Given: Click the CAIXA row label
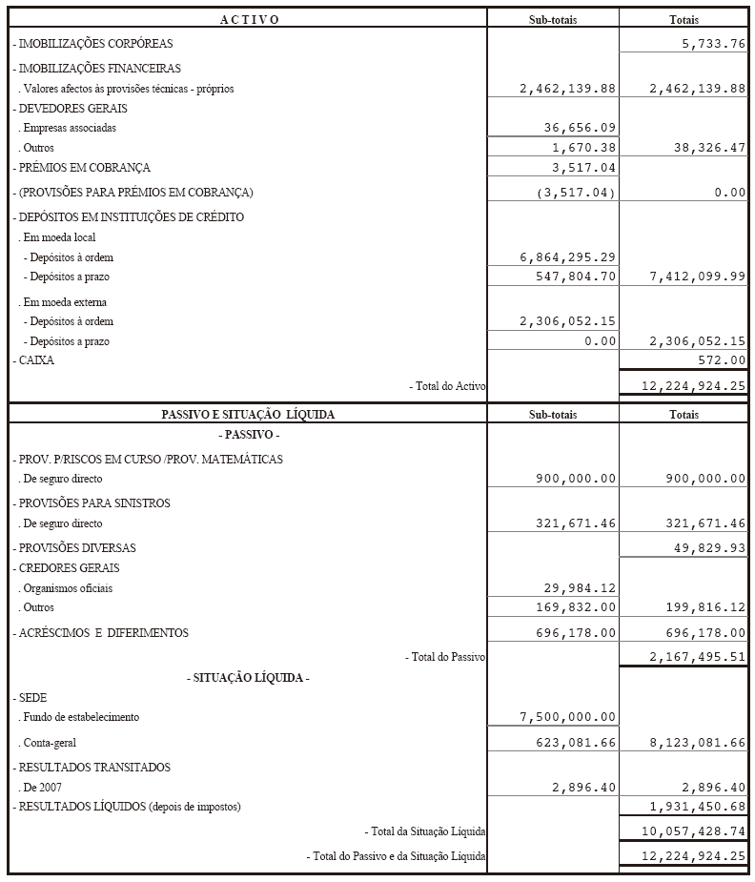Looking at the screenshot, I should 34,361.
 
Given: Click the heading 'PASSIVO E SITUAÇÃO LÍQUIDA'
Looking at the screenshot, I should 248,415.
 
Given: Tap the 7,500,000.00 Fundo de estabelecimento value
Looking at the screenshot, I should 568,717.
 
